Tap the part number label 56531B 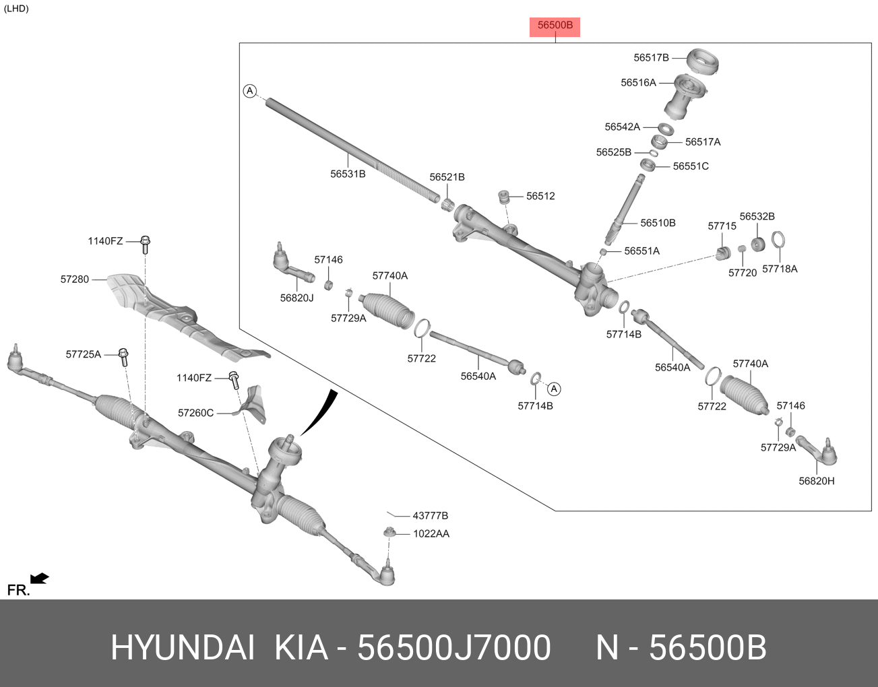(x=348, y=174)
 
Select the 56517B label (x=651, y=58)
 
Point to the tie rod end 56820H (x=819, y=453)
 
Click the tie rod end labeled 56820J (x=292, y=267)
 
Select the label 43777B (x=430, y=516)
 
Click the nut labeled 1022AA (x=389, y=533)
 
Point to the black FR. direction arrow (x=40, y=579)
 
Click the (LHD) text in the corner (x=16, y=9)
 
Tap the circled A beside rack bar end (x=250, y=90)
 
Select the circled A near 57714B (x=554, y=389)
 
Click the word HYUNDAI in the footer (x=183, y=648)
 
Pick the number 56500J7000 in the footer (x=453, y=648)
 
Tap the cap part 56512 (x=503, y=197)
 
